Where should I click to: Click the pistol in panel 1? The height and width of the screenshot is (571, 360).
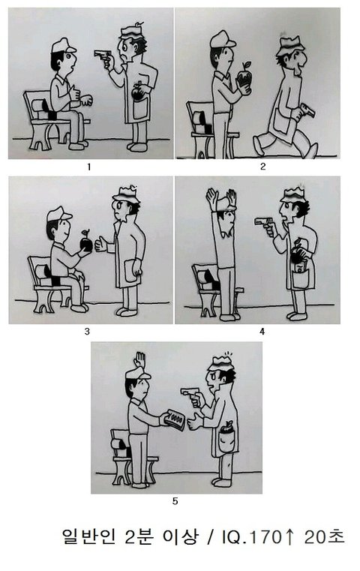(103, 56)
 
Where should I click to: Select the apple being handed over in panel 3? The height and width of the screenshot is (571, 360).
(86, 242)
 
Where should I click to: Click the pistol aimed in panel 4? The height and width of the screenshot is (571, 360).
(263, 222)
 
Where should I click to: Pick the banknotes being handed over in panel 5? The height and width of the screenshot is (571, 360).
(175, 420)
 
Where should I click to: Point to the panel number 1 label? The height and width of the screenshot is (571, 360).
(88, 167)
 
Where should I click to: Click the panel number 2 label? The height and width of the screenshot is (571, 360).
(262, 167)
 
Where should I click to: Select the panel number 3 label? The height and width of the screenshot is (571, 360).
(87, 332)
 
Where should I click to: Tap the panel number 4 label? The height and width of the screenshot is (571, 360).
(262, 332)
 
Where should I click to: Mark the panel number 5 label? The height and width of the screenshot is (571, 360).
(175, 501)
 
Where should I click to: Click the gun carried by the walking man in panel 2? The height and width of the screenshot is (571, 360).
(307, 111)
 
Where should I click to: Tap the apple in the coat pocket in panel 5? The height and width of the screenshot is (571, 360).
(226, 427)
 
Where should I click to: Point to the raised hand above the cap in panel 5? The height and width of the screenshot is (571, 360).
(139, 360)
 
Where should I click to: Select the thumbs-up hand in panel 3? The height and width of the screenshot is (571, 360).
(100, 245)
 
